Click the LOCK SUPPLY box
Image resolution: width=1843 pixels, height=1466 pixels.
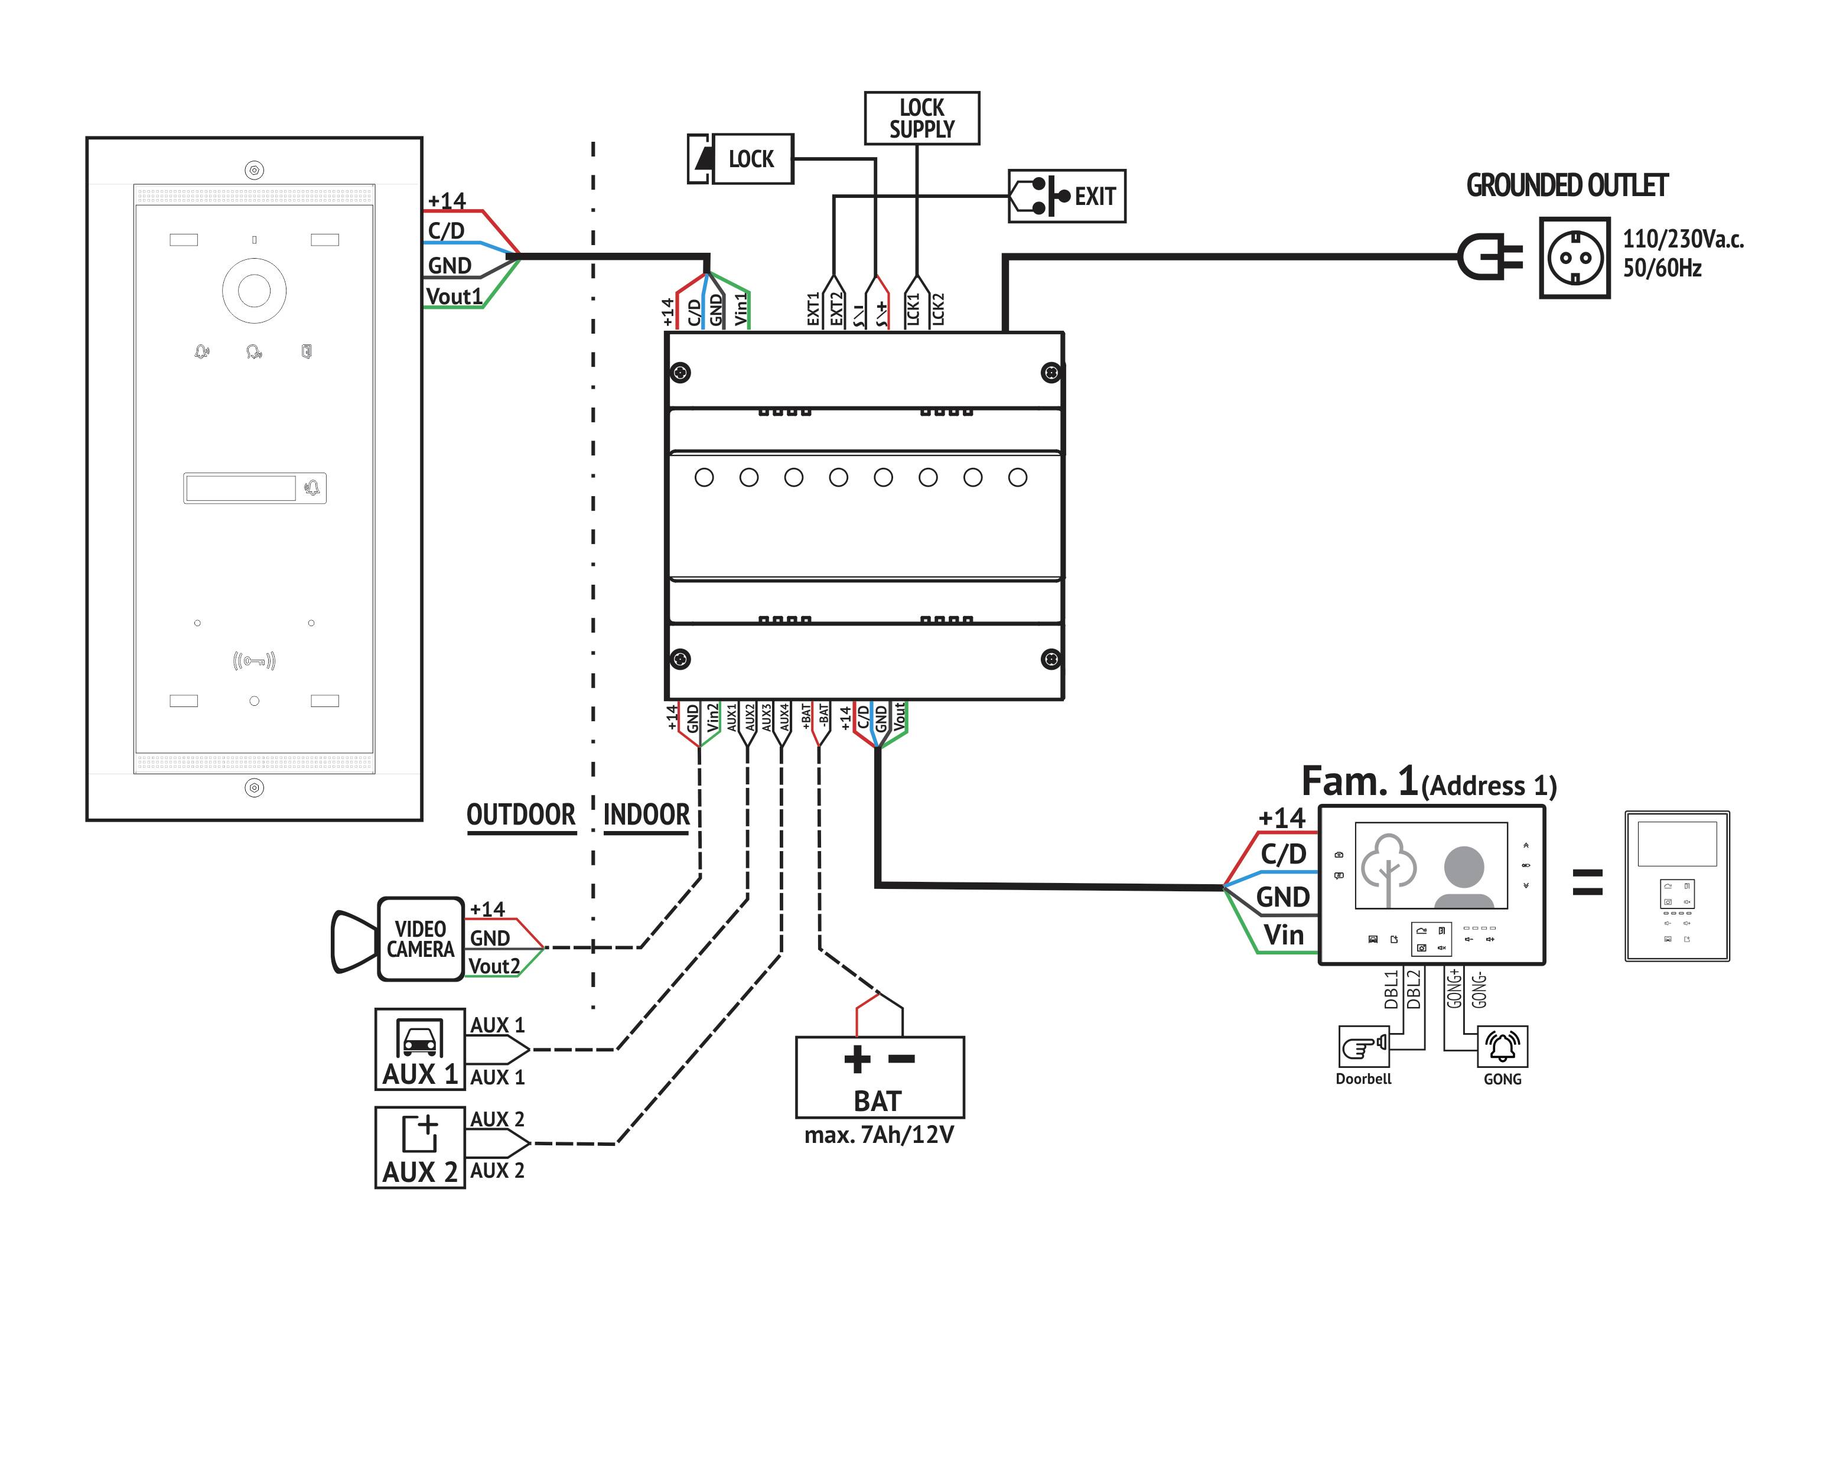point(921,118)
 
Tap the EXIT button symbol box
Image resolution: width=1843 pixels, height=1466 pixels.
point(1066,196)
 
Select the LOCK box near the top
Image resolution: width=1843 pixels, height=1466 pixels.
point(741,159)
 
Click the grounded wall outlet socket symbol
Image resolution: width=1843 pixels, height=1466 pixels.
point(1574,258)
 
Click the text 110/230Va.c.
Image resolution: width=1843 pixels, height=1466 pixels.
point(1682,239)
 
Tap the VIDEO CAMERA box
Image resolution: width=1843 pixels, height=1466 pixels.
point(420,939)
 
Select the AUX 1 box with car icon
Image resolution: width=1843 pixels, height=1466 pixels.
point(420,1049)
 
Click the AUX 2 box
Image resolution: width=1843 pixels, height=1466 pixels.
point(420,1147)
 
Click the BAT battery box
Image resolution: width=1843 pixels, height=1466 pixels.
point(879,1077)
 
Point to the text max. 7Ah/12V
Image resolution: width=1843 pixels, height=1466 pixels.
point(879,1135)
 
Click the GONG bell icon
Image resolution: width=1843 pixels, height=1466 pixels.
point(1502,1046)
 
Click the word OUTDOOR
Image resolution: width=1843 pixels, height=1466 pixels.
point(520,815)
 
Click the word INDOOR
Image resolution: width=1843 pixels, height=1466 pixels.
point(646,815)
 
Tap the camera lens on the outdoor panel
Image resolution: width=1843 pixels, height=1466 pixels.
point(254,291)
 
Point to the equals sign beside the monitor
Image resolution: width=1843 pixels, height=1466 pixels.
point(1587,882)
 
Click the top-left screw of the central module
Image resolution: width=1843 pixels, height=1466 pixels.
point(680,373)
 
